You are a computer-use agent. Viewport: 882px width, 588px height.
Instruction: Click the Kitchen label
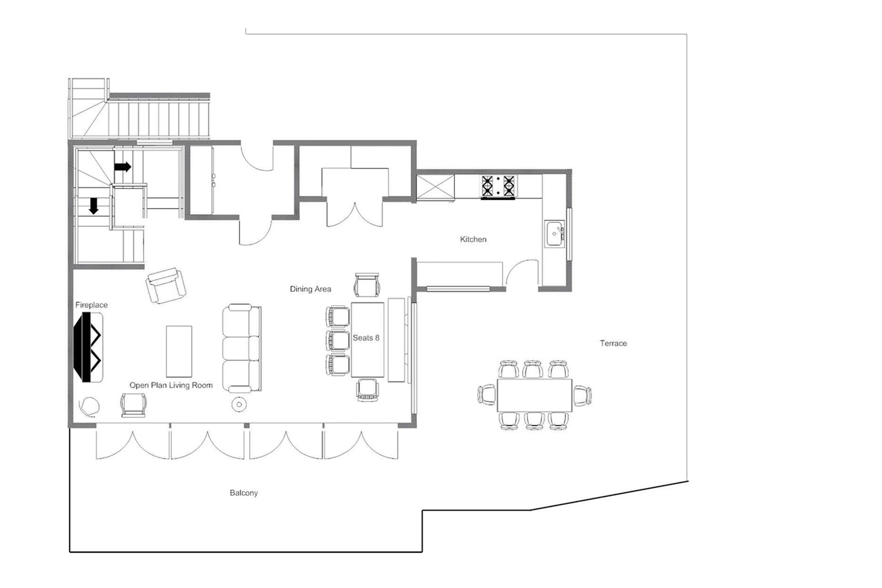(x=473, y=239)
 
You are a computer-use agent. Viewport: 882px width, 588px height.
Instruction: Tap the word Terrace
(x=613, y=343)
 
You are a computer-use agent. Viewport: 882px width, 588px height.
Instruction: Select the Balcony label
(x=244, y=493)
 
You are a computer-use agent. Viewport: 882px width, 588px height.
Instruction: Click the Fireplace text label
(x=91, y=305)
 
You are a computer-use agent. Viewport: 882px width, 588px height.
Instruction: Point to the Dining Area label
(x=310, y=289)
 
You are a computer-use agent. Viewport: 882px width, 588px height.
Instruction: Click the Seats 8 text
(x=366, y=338)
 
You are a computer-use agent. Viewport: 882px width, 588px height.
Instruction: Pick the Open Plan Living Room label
(x=171, y=385)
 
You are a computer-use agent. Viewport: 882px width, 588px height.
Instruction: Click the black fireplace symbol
(x=87, y=347)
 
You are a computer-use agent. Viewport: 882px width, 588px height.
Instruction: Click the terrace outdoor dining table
(x=534, y=395)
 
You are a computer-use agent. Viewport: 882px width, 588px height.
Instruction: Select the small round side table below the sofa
(x=239, y=404)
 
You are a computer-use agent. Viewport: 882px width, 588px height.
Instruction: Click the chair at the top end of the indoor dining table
(x=367, y=285)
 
